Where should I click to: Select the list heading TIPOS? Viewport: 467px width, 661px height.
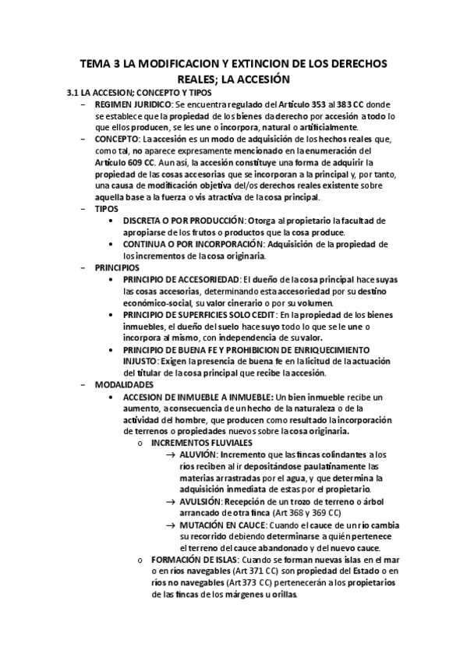[108, 209]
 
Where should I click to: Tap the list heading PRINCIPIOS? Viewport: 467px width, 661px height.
[118, 267]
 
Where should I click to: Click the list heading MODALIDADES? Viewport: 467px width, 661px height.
[124, 384]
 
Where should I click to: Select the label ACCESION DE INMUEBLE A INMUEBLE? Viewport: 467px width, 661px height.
[196, 396]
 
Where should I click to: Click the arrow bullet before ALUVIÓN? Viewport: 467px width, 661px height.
[172, 454]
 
